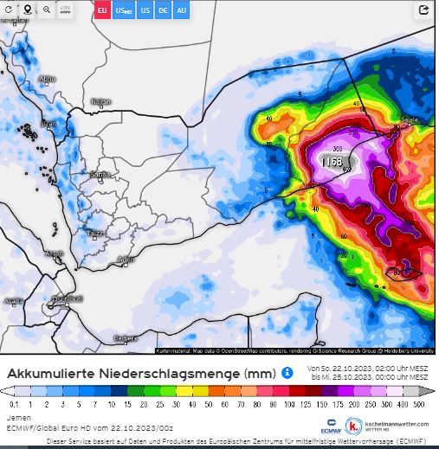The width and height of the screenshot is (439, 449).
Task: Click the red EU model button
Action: (102, 10)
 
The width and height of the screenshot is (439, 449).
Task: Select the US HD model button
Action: (125, 10)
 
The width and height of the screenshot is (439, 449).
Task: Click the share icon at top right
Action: (423, 10)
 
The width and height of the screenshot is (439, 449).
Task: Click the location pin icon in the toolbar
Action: (28, 10)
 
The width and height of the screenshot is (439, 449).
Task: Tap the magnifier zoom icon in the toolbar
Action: (47, 10)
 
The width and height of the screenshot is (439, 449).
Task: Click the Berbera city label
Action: (126, 337)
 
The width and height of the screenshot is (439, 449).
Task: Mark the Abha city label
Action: (48, 79)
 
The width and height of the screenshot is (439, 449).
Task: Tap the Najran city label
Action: (100, 101)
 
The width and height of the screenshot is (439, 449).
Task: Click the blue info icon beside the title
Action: (287, 372)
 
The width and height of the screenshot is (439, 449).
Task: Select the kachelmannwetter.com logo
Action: (390, 425)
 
